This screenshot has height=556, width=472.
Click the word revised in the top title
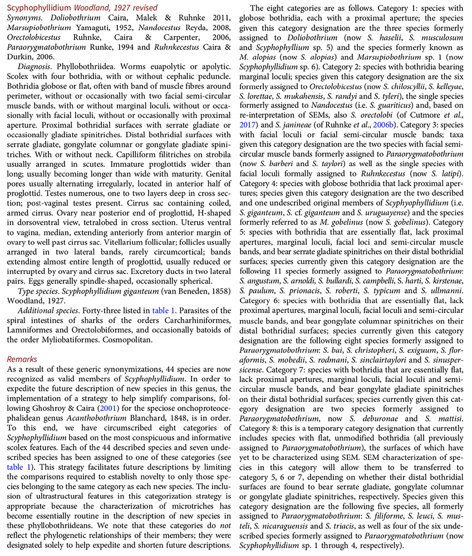[x=142, y=8]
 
